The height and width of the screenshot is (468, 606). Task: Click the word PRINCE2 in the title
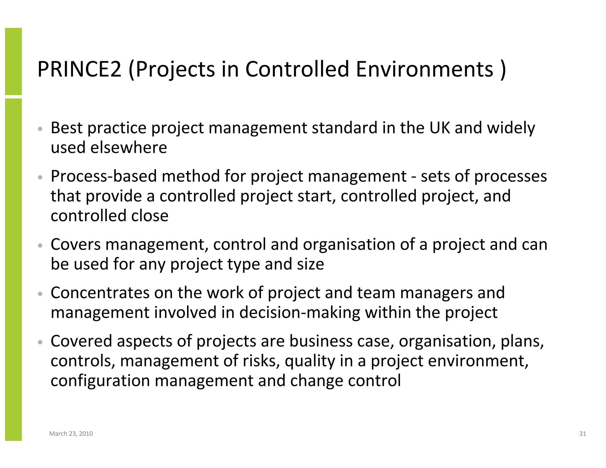point(79,69)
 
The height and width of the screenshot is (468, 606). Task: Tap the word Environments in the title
point(425,69)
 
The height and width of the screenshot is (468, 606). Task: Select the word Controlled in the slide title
point(297,69)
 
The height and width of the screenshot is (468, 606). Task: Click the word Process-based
point(104,176)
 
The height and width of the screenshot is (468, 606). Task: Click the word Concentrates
point(100,293)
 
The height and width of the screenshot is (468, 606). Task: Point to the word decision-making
point(300,312)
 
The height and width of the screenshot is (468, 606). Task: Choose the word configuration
point(100,380)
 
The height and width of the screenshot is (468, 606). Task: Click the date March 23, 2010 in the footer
point(71,434)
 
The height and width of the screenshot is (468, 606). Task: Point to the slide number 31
point(582,434)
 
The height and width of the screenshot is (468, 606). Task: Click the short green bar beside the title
point(13,61)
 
